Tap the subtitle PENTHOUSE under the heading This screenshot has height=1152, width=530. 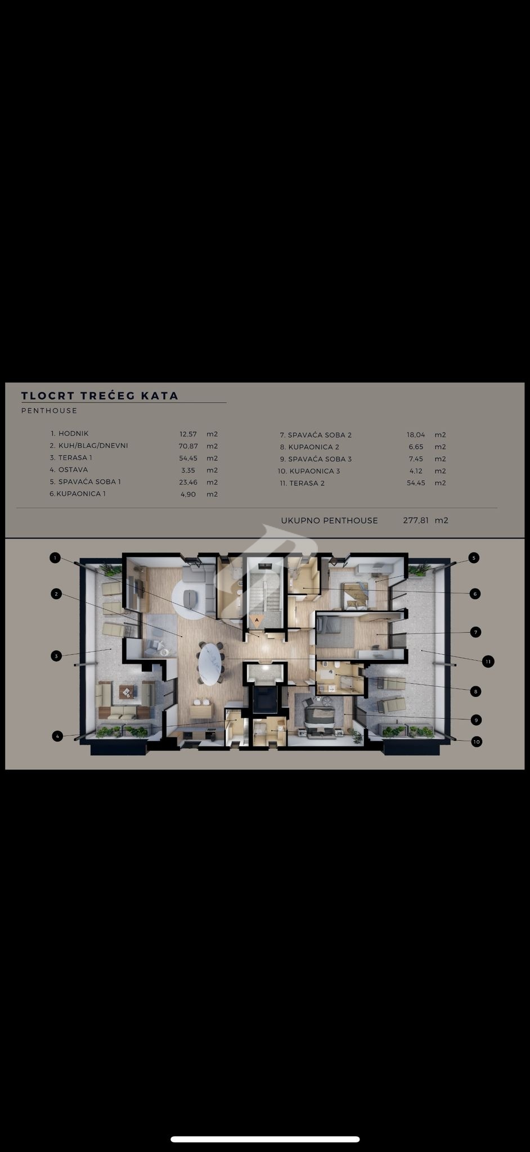coord(49,411)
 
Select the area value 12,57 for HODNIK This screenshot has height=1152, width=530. coord(188,434)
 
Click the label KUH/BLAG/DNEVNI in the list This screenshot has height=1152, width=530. coord(93,445)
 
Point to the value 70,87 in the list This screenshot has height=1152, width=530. coord(188,446)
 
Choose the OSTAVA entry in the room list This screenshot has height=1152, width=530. coord(73,470)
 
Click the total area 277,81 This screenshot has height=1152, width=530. coord(416,520)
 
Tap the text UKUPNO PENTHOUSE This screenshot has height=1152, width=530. coord(329,520)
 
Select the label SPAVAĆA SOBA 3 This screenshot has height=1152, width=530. coord(320,459)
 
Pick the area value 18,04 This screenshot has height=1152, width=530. coord(416,435)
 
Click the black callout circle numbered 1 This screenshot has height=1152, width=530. coord(55,557)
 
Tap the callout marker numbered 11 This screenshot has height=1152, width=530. coord(488,661)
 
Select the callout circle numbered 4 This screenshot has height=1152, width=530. coord(57,736)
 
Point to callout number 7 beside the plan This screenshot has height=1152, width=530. coord(475,632)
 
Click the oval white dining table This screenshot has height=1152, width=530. coord(210,664)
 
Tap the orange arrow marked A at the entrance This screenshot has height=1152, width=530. coord(257,620)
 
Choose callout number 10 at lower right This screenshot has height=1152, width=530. coord(476,742)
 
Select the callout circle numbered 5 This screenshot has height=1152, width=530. coord(474,557)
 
